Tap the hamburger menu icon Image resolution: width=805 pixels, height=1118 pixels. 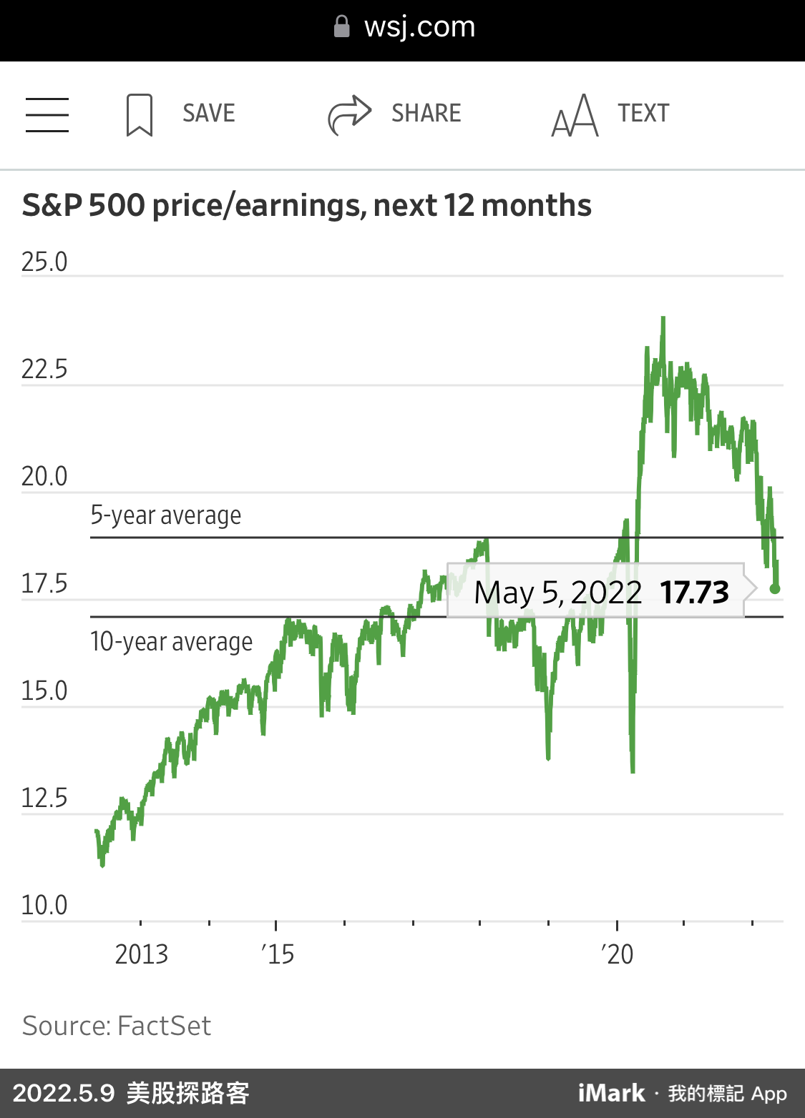coord(47,114)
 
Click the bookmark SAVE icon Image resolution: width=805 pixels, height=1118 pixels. coord(140,114)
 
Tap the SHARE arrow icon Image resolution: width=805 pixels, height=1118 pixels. coord(349,114)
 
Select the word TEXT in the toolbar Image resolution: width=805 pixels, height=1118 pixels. coord(643,113)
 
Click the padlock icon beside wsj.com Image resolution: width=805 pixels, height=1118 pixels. coord(342,27)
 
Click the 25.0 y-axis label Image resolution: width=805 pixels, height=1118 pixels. coord(44,262)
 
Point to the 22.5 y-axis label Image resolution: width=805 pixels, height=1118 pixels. coord(44,370)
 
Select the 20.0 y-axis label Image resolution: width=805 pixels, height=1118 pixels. coord(44,477)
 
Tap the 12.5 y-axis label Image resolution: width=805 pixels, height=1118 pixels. coord(44,798)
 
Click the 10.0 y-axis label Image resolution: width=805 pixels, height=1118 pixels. coord(44,906)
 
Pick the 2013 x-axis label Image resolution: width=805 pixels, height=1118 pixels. coord(142,954)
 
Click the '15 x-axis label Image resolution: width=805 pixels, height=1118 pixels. coord(278,954)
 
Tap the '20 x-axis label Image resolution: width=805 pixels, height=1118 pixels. coord(617,954)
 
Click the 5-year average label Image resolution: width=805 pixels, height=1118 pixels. coord(166,515)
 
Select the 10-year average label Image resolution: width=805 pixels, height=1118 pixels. coord(172,642)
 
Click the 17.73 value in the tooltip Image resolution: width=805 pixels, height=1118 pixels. coord(694,593)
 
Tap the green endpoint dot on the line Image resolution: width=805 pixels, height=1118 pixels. coord(775,589)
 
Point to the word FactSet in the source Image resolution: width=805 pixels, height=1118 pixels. coord(164,1026)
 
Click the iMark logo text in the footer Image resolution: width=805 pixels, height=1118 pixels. coord(612,1093)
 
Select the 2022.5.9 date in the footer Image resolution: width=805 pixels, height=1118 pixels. coord(64,1093)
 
